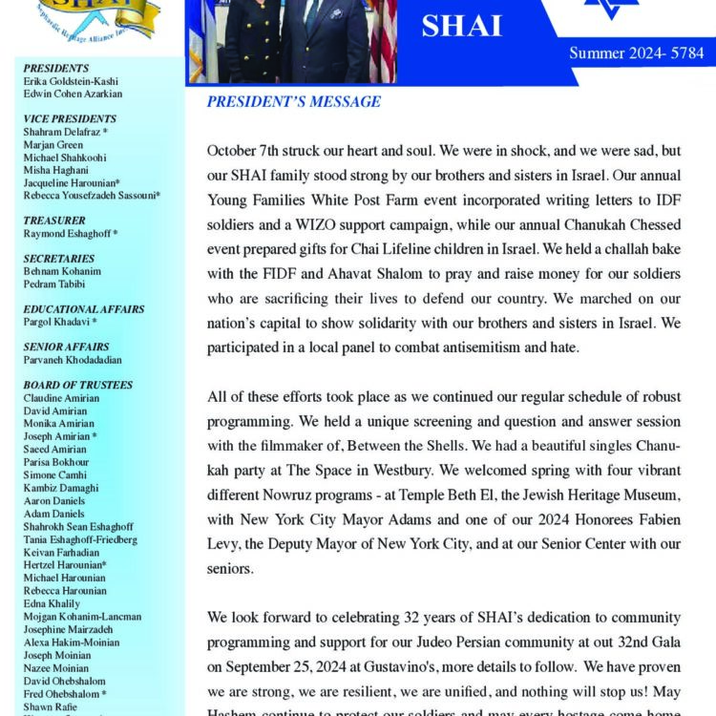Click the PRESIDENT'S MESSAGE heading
[x=294, y=102]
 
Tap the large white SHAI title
[x=461, y=26]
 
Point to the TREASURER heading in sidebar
[x=54, y=220]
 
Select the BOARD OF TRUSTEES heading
[x=78, y=385]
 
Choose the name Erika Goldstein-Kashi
[x=72, y=81]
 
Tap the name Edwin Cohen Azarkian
[x=73, y=94]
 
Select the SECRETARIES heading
[x=59, y=258]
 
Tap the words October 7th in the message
[x=243, y=152]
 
